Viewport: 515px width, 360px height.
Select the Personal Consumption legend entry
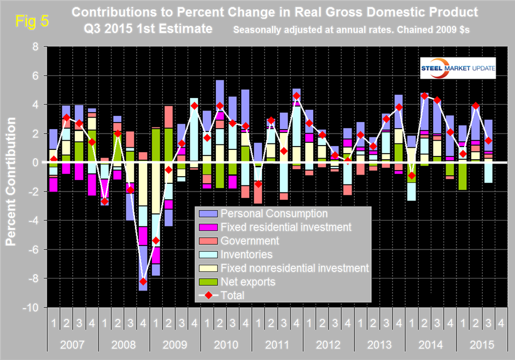pyautogui.click(x=274, y=213)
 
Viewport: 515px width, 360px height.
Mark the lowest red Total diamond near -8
pyautogui.click(x=143, y=281)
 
